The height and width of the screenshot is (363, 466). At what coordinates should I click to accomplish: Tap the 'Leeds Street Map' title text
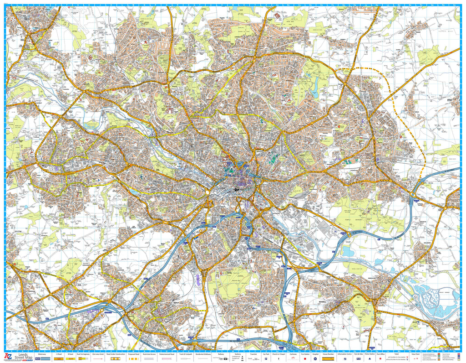click(23, 357)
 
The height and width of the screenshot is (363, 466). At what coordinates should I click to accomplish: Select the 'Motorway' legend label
click(41, 354)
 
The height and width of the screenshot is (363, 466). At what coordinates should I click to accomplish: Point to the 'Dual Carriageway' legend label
click(83, 354)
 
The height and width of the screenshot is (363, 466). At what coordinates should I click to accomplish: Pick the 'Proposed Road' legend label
click(133, 354)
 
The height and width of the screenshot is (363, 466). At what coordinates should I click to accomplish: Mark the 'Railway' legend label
click(221, 354)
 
